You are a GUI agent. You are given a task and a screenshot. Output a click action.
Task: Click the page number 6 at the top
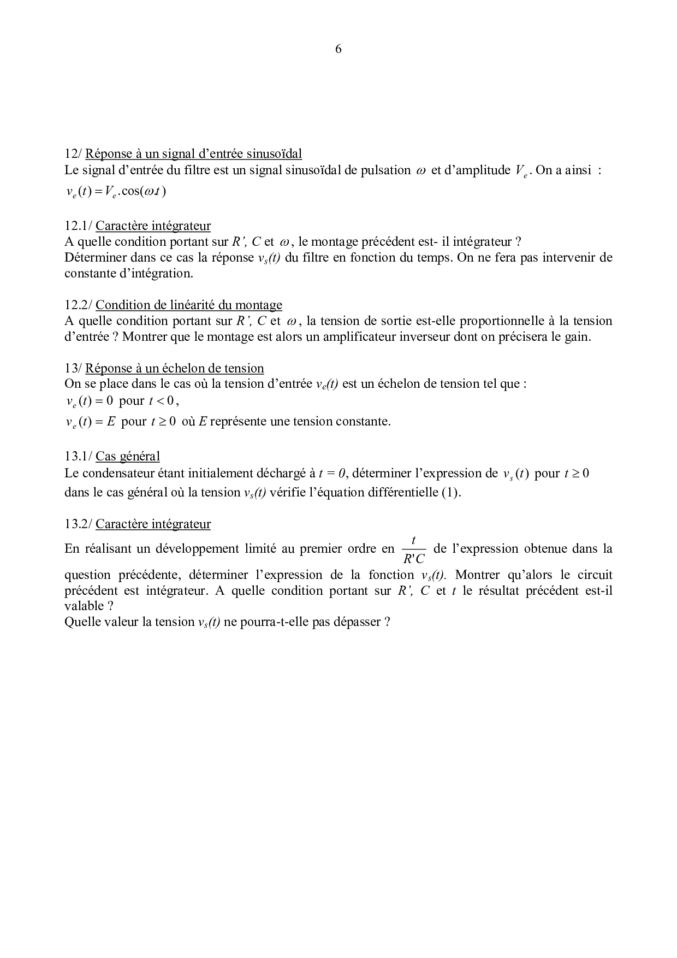click(338, 49)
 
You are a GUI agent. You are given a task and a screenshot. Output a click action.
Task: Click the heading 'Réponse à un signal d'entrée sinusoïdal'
click(194, 153)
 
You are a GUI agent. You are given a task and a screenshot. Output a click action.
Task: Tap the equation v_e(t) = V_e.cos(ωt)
click(116, 192)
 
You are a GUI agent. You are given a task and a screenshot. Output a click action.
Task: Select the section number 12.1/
click(79, 226)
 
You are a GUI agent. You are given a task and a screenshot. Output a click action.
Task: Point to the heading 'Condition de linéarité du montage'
click(189, 305)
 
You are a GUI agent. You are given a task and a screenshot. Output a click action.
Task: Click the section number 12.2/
click(79, 305)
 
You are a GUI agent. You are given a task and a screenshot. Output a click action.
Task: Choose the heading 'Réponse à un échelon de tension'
click(175, 368)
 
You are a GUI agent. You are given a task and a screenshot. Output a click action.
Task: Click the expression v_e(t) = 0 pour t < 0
click(121, 401)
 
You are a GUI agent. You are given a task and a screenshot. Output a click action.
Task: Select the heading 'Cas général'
click(128, 457)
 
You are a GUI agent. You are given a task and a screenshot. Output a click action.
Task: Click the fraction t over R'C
click(413, 549)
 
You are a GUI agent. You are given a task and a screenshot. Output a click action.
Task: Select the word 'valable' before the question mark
click(84, 606)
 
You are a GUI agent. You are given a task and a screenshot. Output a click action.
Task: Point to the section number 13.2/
click(79, 524)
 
